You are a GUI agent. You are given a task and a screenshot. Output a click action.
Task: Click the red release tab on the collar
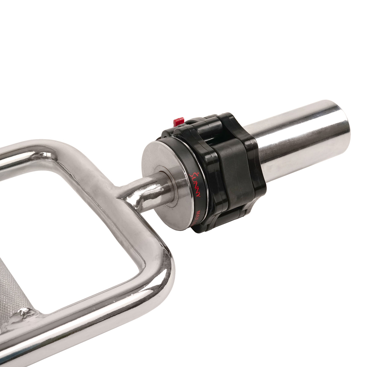click(x=178, y=121)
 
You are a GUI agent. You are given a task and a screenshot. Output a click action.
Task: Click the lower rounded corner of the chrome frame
click(x=159, y=275)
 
